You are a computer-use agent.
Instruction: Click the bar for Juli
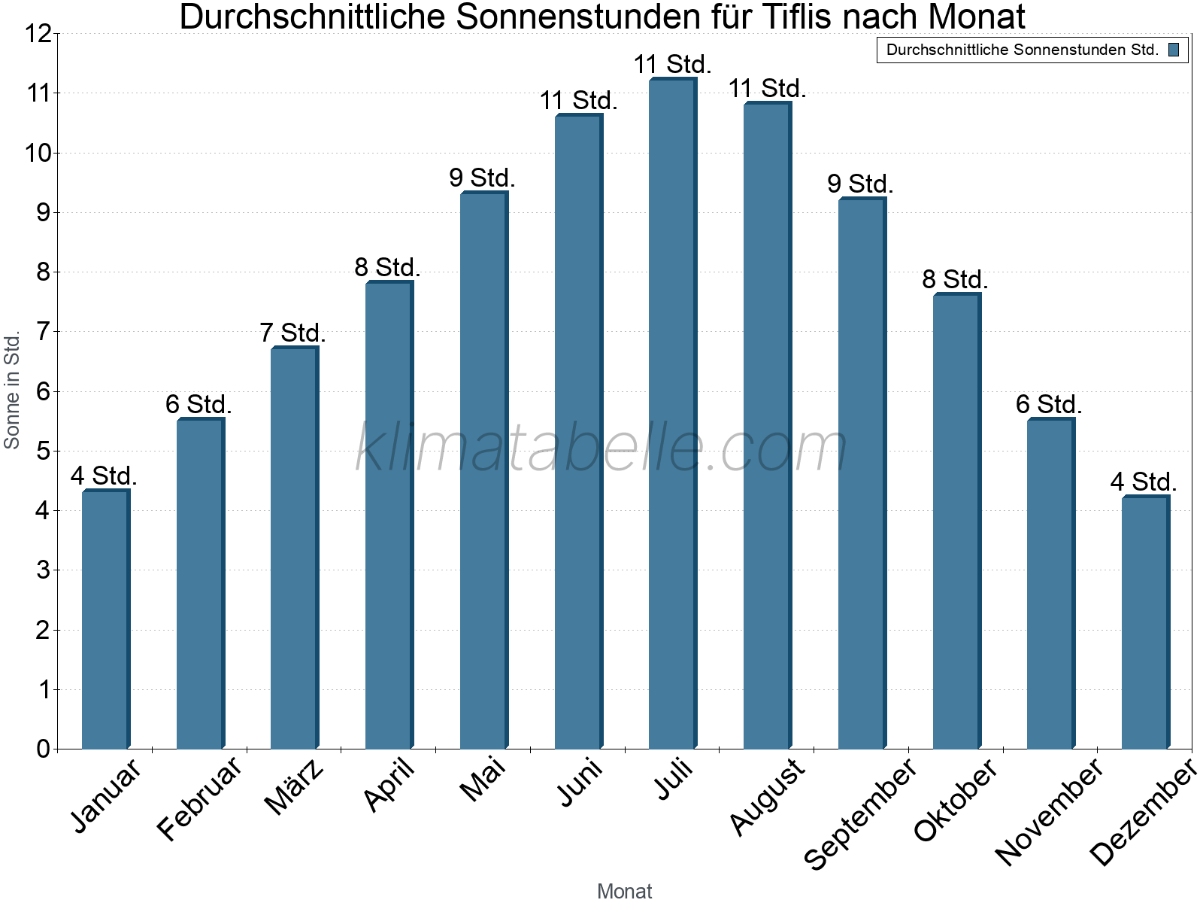672,413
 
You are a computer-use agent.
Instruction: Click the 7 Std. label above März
292,333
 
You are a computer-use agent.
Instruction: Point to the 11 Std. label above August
767,89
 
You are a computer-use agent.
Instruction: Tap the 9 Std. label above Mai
482,178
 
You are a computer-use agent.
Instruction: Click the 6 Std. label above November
1049,405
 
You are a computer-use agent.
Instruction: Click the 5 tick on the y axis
42,451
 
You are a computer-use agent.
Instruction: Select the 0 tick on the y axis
42,749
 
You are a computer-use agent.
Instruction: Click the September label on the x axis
862,813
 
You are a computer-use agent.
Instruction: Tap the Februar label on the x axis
200,798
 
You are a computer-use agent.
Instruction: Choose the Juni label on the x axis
580,782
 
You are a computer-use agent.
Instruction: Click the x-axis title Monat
624,891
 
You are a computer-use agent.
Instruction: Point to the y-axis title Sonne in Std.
12,391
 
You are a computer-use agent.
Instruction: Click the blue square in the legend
1174,50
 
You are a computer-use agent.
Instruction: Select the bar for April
389,515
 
